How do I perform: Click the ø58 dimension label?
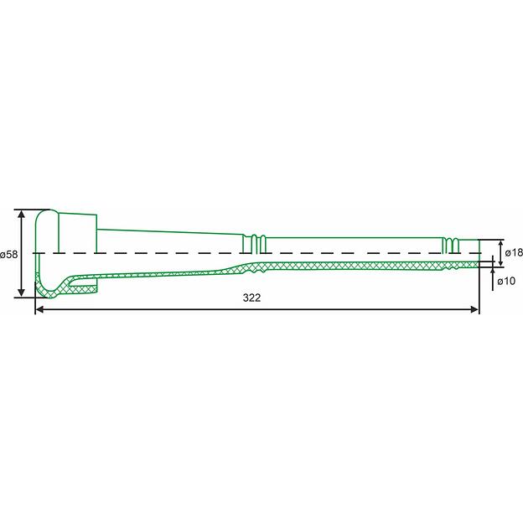click(x=8, y=255)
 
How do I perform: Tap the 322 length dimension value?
click(x=251, y=298)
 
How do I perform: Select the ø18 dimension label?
click(x=514, y=253)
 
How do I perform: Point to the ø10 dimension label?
click(x=506, y=281)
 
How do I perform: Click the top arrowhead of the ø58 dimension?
click(x=21, y=214)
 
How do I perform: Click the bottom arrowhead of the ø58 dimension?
click(x=21, y=293)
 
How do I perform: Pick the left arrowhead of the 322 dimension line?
click(x=39, y=310)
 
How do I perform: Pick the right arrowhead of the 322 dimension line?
click(x=474, y=310)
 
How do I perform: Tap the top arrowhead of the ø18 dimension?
click(x=500, y=244)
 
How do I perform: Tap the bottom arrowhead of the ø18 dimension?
click(x=500, y=262)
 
